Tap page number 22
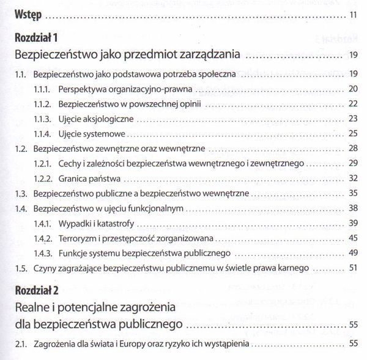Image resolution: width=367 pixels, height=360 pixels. (353, 103)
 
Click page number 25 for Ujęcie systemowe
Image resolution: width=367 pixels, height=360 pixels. (353, 133)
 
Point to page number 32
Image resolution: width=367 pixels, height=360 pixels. (353, 179)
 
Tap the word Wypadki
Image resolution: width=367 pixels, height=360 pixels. (76, 223)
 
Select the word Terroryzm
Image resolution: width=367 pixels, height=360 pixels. (80, 238)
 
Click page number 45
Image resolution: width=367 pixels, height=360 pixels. (353, 238)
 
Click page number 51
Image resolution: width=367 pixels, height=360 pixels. (353, 268)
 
